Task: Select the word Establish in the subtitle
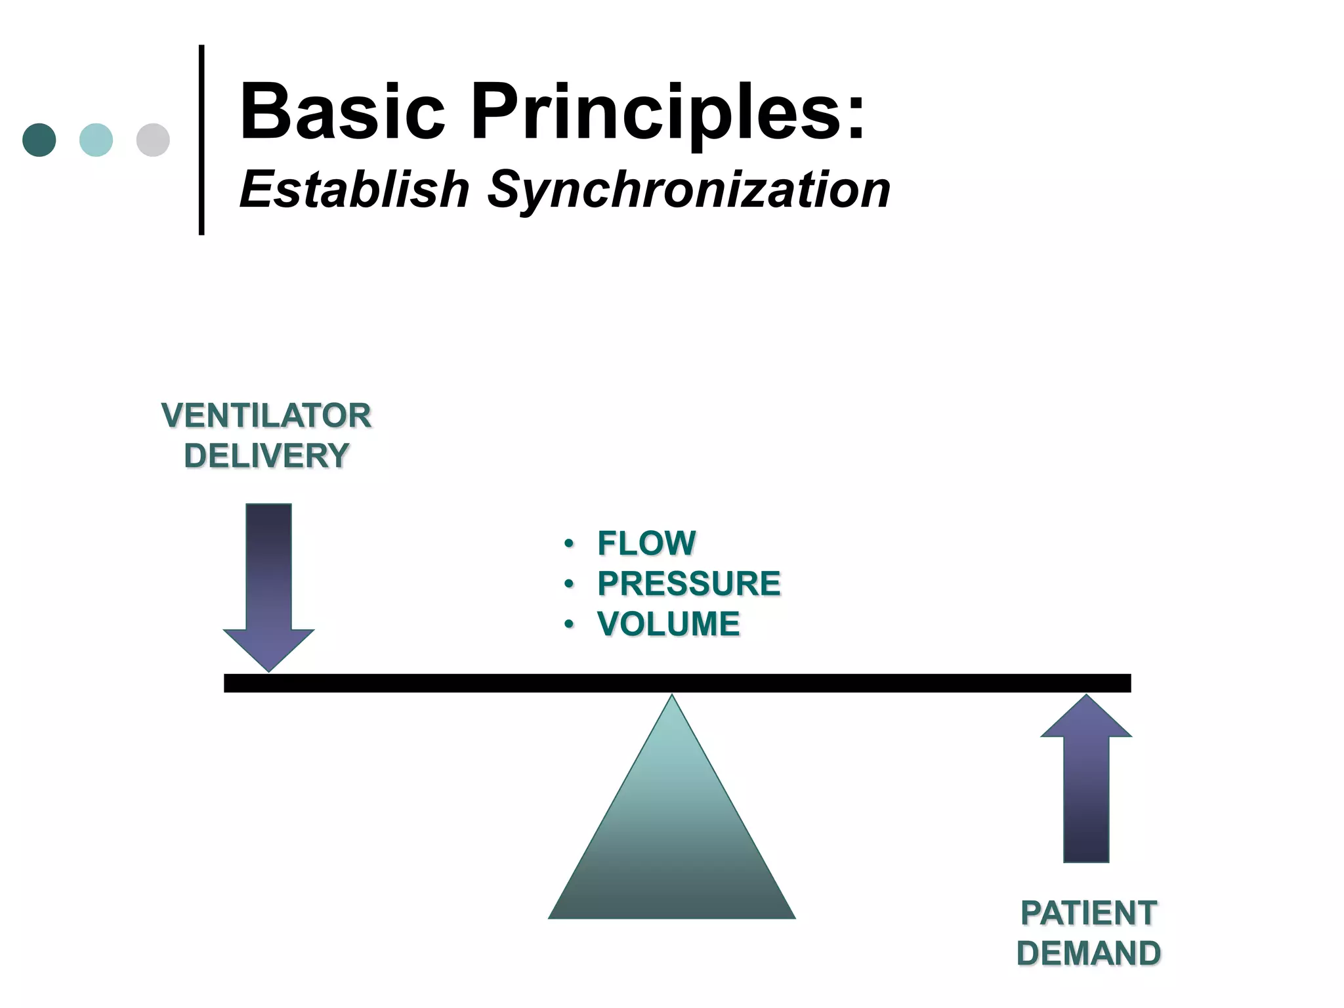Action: coord(354,190)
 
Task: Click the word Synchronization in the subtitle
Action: coord(688,190)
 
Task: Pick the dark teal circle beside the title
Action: coord(39,140)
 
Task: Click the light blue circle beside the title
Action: coord(96,140)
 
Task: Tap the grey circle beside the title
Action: coord(153,140)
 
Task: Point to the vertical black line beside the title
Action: coord(201,139)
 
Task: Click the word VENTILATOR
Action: coord(266,415)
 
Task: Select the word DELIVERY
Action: coord(266,455)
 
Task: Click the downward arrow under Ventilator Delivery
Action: coord(268,584)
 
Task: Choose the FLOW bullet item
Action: coord(646,543)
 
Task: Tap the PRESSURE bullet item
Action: coord(689,583)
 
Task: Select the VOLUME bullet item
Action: coord(668,623)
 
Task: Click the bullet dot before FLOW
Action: coord(568,544)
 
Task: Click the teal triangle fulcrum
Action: coord(671,840)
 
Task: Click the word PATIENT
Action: coord(1089,913)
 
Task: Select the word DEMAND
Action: coord(1089,953)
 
